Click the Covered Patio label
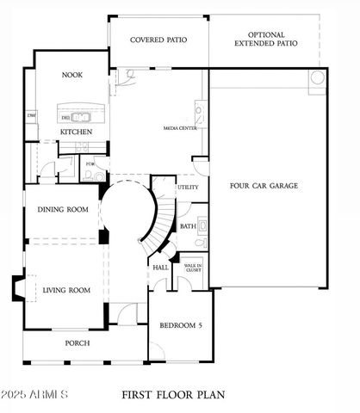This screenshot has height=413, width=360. pyautogui.click(x=158, y=40)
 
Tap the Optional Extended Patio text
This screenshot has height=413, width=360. pyautogui.click(x=267, y=40)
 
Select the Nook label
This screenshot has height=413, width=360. pyautogui.click(x=71, y=75)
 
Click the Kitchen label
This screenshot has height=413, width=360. pyautogui.click(x=76, y=132)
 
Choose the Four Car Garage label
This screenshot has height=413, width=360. pyautogui.click(x=264, y=186)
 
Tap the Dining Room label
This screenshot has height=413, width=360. pyautogui.click(x=65, y=210)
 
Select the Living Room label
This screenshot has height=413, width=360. pyautogui.click(x=66, y=290)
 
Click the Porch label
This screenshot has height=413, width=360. pyautogui.click(x=78, y=342)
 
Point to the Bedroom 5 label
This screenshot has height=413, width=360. pyautogui.click(x=180, y=325)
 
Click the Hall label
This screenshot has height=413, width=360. pyautogui.click(x=161, y=268)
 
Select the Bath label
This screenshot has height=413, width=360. pyautogui.click(x=188, y=226)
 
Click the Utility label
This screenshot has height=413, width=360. pyautogui.click(x=188, y=187)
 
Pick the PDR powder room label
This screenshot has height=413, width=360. pyautogui.click(x=90, y=163)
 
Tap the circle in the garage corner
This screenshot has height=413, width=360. pyautogui.click(x=317, y=79)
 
